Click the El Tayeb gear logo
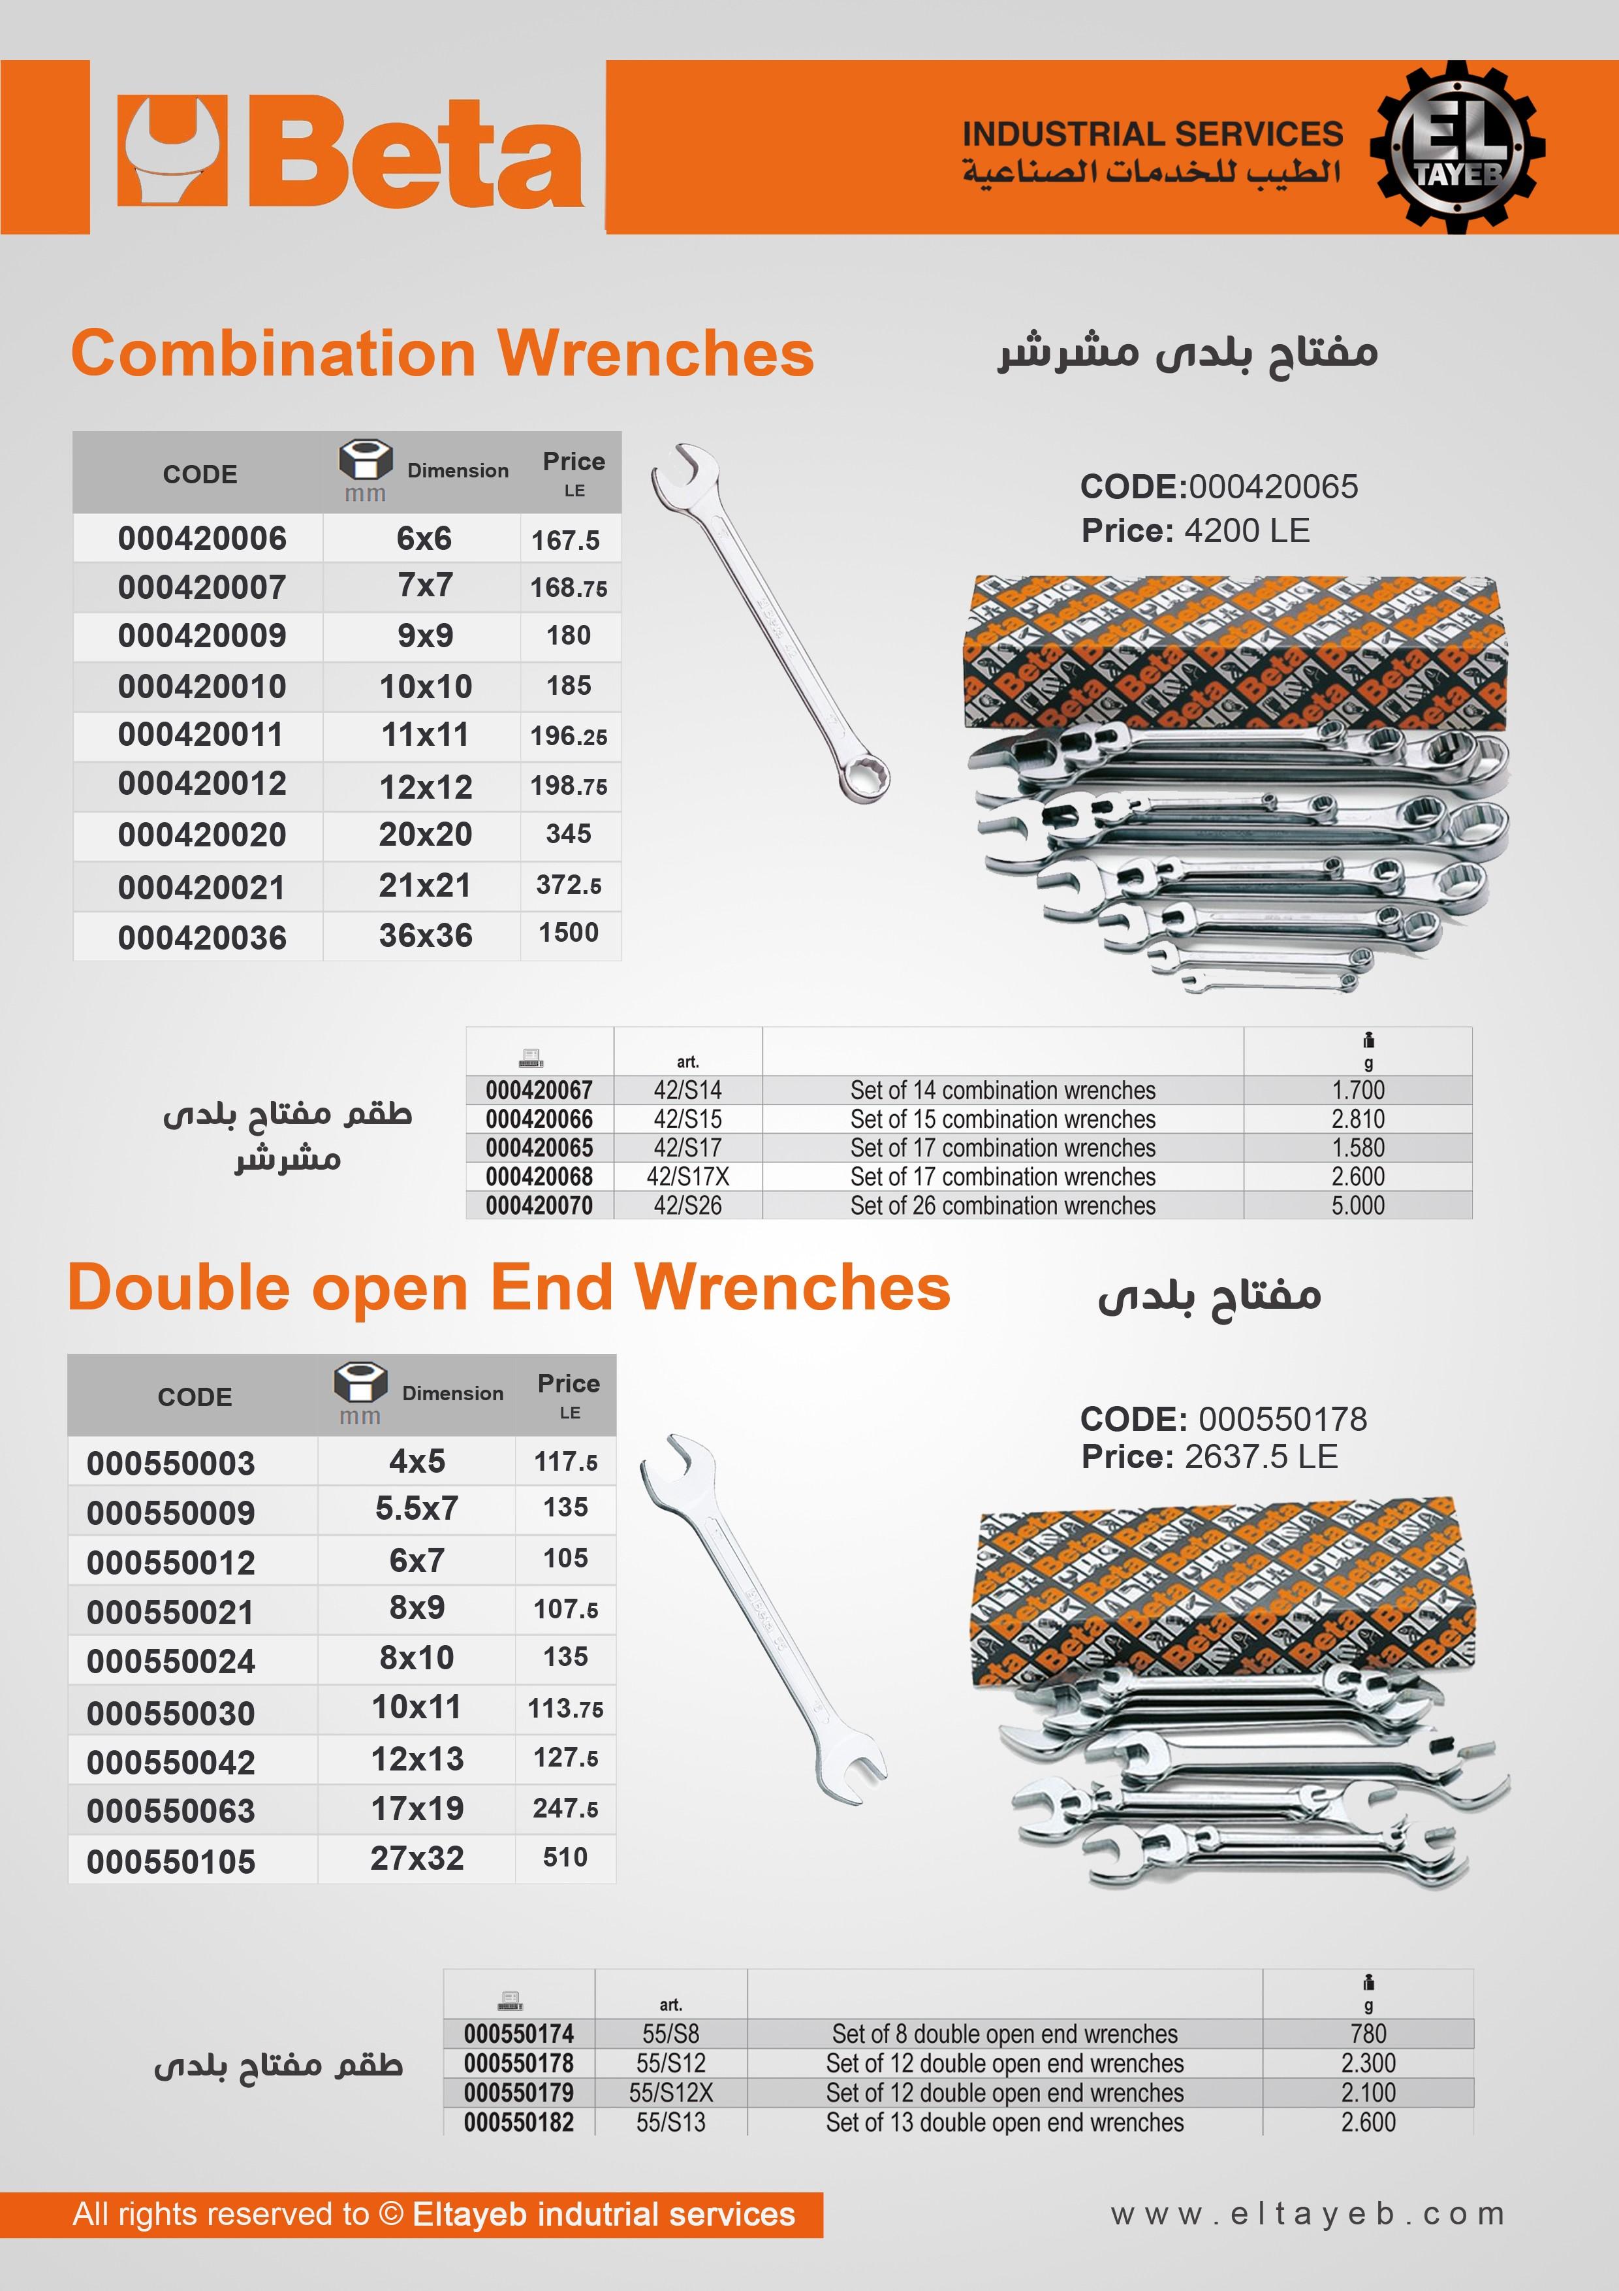point(1456,148)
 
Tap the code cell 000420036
point(202,938)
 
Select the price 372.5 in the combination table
point(569,885)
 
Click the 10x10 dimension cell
point(425,686)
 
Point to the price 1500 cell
point(569,933)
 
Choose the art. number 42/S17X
point(687,1176)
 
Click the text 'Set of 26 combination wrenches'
point(1003,1206)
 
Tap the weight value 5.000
point(1358,1206)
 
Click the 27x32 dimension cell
point(417,1858)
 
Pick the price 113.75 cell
point(565,1709)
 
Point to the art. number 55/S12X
point(670,2092)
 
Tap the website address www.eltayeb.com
point(1308,2214)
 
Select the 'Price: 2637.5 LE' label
point(1209,1457)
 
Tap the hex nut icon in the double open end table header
point(360,1382)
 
